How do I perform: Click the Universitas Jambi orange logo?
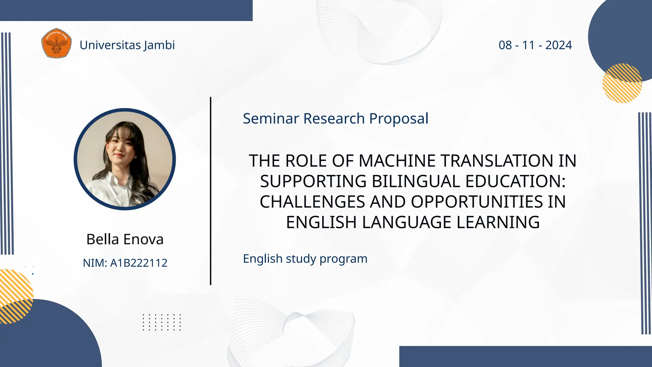pos(56,43)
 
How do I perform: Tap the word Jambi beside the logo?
pos(159,45)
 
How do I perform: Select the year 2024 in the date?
pos(558,45)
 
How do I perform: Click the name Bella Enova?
pos(125,239)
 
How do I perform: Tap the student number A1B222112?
pos(138,263)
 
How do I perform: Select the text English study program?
pos(305,259)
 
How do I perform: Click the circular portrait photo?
pos(125,159)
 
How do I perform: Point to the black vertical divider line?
pos(210,191)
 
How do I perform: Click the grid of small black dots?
pos(161,322)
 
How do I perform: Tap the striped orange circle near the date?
pos(622,83)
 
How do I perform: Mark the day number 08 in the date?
pos(505,45)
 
